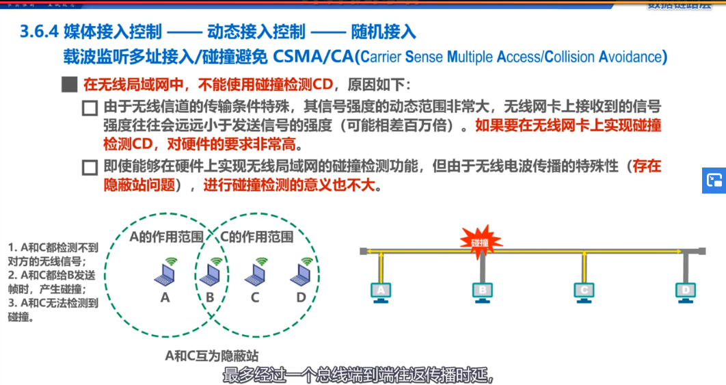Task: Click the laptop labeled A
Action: point(165,275)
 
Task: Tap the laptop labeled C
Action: point(255,275)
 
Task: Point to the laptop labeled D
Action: point(301,275)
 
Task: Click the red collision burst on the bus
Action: point(481,241)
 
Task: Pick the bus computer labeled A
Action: point(381,291)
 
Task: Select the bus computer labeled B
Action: point(483,291)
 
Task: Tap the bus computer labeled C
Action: point(584,291)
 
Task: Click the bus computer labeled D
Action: point(685,291)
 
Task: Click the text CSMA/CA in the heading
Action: point(317,56)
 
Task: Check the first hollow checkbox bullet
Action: point(89,108)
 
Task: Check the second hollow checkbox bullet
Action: point(89,167)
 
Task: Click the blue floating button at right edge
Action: point(714,181)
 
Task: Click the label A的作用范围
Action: point(166,237)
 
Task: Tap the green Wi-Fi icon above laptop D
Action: point(306,261)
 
